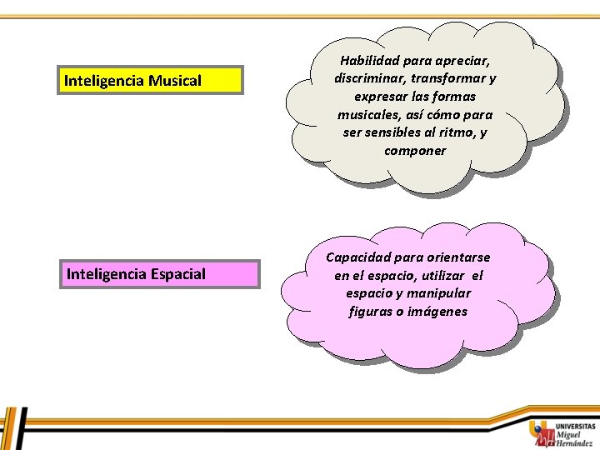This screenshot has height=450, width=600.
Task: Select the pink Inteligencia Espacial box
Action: click(158, 274)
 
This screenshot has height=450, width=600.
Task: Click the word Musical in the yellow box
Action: click(175, 81)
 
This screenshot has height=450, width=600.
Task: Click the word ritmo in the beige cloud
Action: click(457, 132)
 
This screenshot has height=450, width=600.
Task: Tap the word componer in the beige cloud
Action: click(415, 151)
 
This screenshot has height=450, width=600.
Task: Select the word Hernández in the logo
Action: click(575, 443)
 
